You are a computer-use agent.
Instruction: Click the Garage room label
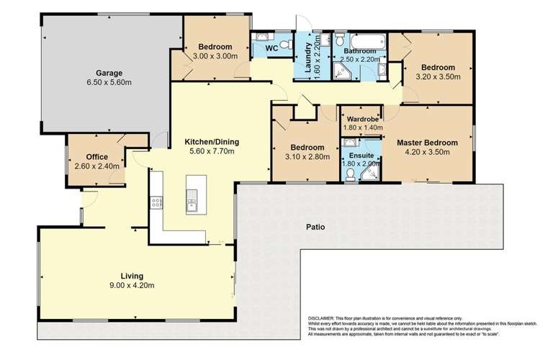click(x=110, y=73)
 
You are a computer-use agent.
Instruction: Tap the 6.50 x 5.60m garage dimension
click(x=110, y=84)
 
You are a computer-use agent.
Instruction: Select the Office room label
click(x=96, y=156)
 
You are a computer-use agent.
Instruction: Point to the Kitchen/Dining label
click(x=212, y=141)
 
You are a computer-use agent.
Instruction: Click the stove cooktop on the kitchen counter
click(x=156, y=203)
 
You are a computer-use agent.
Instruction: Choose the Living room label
click(x=132, y=276)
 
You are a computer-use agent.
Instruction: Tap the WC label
click(x=271, y=48)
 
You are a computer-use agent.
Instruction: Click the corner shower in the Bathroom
click(x=339, y=70)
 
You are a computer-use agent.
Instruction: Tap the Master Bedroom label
click(x=427, y=143)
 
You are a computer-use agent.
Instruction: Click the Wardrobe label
click(x=359, y=118)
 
